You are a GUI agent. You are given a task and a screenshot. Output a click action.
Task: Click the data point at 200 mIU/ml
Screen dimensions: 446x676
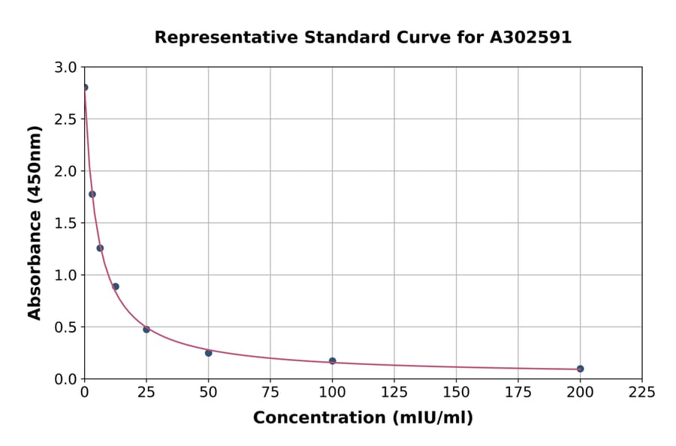click(x=580, y=369)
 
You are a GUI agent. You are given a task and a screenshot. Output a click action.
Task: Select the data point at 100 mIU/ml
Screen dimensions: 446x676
click(x=332, y=361)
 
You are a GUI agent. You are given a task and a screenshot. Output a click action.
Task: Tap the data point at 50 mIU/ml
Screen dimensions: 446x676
click(x=208, y=353)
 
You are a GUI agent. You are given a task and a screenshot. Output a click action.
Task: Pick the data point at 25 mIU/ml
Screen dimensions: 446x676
click(x=146, y=330)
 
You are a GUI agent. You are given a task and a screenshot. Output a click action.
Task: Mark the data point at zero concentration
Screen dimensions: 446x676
click(x=84, y=87)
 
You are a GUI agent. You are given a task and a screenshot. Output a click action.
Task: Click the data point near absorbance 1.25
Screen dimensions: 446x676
click(x=100, y=248)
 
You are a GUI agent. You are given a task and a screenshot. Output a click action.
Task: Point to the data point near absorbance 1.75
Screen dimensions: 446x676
click(x=92, y=194)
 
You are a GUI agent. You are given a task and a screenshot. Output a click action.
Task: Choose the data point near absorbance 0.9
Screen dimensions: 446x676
click(x=116, y=286)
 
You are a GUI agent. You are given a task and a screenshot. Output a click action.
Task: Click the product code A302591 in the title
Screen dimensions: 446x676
click(x=531, y=38)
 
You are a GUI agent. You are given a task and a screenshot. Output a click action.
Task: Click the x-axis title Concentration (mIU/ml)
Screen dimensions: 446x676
click(x=363, y=418)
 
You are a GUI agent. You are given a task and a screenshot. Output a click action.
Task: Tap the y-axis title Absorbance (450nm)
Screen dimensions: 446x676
click(x=35, y=222)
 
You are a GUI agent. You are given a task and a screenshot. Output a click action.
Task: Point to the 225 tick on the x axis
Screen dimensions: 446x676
click(x=641, y=392)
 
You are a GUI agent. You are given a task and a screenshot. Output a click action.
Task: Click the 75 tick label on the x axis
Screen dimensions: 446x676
click(x=270, y=392)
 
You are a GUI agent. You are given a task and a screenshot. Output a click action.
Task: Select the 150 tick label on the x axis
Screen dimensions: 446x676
click(x=456, y=392)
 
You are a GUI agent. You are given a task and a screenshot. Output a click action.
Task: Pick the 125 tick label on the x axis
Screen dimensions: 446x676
click(x=394, y=392)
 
